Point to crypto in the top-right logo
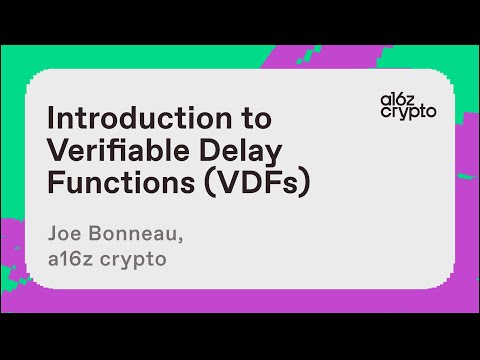click(x=408, y=112)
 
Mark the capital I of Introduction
click(x=52, y=118)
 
